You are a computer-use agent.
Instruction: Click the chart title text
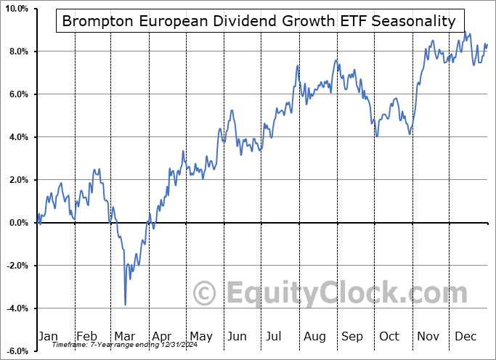coord(259,21)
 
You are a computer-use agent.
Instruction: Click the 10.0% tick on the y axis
coord(17,9)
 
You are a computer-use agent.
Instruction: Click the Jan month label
coord(48,336)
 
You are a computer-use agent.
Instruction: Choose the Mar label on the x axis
coord(125,336)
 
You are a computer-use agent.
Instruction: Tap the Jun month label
coord(237,336)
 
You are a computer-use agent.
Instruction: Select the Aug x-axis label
coord(314,336)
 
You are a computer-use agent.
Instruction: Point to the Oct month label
coord(389,336)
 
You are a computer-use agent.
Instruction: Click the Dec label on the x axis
coord(465,336)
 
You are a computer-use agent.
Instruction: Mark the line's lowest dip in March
coord(126,305)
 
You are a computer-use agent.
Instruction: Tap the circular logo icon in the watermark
coord(206,294)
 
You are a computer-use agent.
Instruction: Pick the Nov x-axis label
coord(427,336)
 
